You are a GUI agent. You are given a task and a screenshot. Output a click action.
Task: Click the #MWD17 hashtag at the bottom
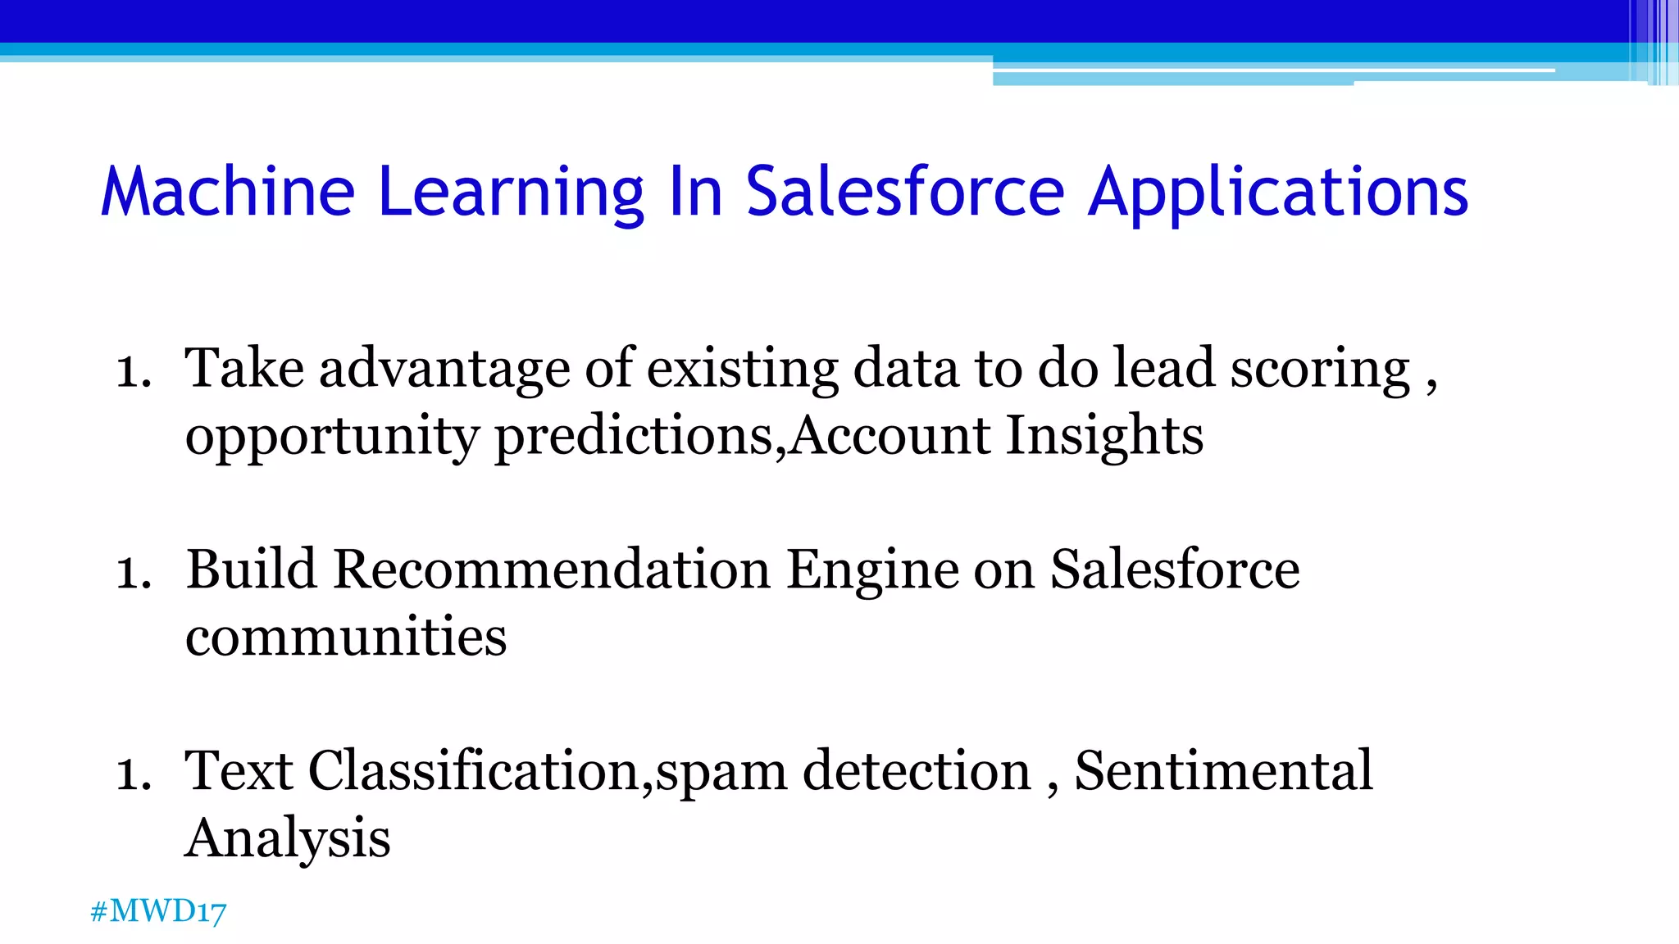tap(158, 911)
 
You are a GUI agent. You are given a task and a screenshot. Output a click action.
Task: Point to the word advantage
tap(444, 368)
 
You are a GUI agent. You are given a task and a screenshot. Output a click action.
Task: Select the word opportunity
tap(331, 435)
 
